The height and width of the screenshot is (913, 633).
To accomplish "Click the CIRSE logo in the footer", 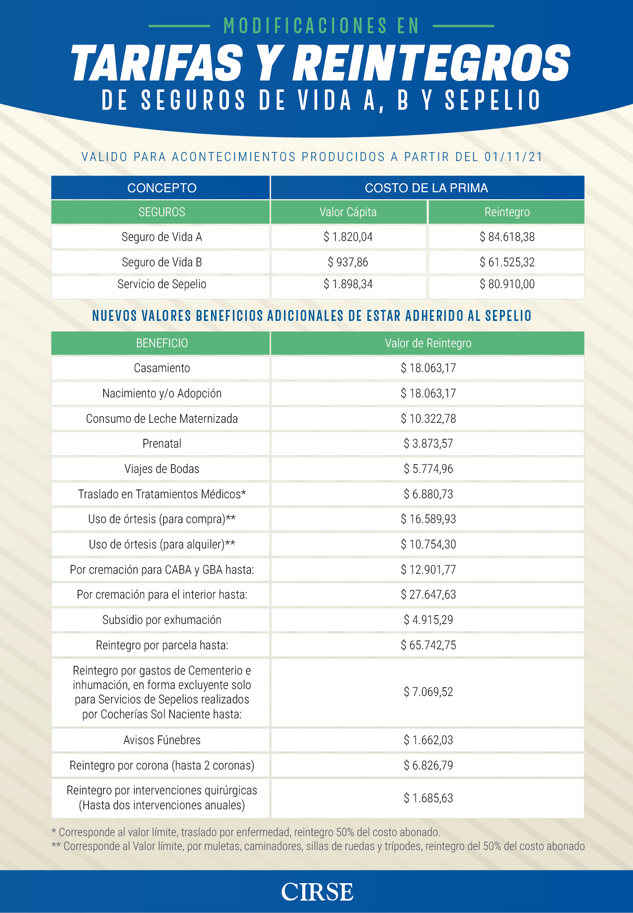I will [317, 892].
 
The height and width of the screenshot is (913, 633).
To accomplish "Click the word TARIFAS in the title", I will [157, 63].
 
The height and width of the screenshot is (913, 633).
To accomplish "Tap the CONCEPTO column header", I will [161, 188].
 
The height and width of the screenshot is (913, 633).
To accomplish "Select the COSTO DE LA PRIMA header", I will [426, 188].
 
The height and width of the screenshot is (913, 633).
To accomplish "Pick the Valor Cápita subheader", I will [348, 212].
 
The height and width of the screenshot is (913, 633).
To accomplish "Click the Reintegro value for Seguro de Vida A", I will [506, 237].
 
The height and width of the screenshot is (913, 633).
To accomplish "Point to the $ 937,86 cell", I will [348, 262].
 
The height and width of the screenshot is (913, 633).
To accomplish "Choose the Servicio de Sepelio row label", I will [161, 284].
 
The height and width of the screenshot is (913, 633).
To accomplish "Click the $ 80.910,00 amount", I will [506, 284].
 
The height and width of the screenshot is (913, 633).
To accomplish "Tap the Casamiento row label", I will [161, 368].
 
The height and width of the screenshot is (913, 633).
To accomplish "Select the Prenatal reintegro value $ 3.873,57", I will [428, 444].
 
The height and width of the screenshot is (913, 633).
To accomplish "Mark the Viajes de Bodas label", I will [161, 469].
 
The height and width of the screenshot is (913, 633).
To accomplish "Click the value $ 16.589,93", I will [428, 519].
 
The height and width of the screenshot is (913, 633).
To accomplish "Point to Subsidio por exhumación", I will [161, 620].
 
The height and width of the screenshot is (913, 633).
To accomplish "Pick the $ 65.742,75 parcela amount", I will [428, 645].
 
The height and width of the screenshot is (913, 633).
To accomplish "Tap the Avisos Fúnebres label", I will [161, 740].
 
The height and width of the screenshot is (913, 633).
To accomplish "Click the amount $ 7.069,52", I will [428, 692].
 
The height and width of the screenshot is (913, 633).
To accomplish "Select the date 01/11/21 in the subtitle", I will [513, 157].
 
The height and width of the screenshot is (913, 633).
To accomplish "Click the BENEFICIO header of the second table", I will [161, 343].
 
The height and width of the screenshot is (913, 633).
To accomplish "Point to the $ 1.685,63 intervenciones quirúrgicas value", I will [428, 798].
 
